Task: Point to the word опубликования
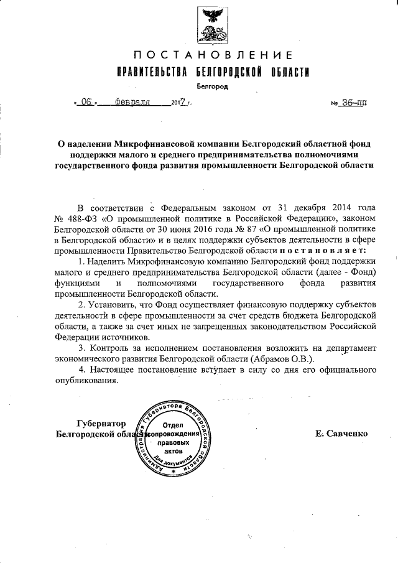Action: (85, 381)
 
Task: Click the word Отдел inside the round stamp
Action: (175, 423)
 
